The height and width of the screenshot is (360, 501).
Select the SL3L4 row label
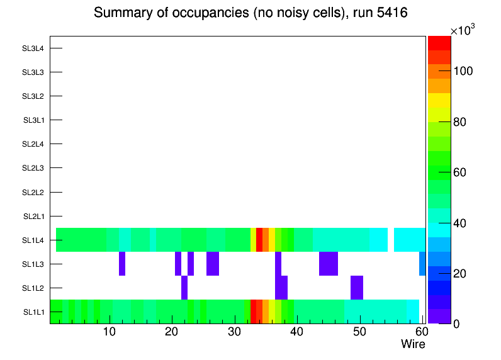(x=33, y=48)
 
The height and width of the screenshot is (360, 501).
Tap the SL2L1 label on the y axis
(x=33, y=217)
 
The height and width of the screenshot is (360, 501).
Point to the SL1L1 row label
(x=33, y=312)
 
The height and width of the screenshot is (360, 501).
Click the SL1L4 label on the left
(x=33, y=240)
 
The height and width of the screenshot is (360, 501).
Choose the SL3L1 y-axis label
(x=33, y=120)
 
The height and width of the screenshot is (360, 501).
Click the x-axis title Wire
(x=413, y=344)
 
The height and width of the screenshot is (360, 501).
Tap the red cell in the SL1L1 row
(x=253, y=312)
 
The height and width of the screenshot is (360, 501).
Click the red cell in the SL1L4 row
(x=259, y=240)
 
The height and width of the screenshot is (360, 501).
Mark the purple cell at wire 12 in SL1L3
(x=121, y=264)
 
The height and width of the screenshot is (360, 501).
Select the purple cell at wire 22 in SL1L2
(x=184, y=288)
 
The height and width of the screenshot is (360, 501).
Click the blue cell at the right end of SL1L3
(x=422, y=264)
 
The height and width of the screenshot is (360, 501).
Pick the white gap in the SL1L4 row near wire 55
(x=391, y=240)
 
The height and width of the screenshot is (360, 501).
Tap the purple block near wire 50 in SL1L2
(x=357, y=288)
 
